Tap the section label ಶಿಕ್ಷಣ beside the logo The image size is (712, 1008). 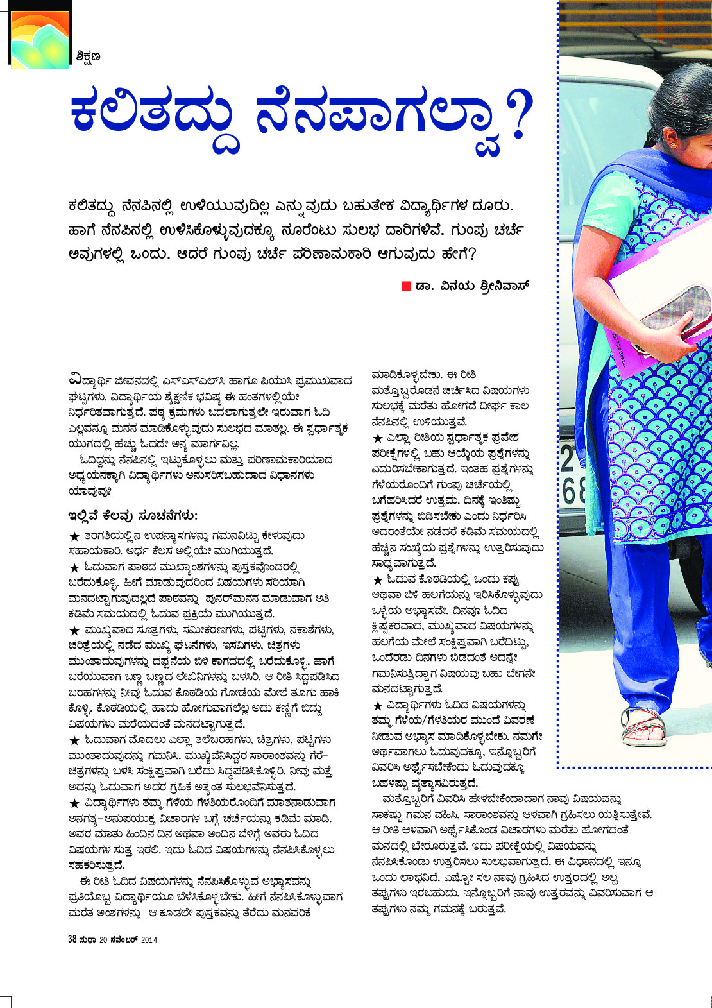(x=87, y=57)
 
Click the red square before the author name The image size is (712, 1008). (x=405, y=286)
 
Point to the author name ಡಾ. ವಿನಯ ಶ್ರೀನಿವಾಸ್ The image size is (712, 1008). (x=472, y=286)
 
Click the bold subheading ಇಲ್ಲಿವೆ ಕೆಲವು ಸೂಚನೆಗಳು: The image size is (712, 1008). (x=133, y=516)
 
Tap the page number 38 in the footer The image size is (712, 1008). (x=72, y=939)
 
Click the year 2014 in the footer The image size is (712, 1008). (x=149, y=939)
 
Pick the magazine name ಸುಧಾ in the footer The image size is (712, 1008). (x=89, y=939)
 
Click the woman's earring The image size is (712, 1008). (x=673, y=145)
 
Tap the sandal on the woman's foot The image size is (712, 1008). (x=645, y=726)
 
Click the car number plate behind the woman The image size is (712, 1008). (x=573, y=475)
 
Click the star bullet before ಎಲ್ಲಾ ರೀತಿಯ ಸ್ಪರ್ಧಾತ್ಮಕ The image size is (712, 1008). (x=378, y=438)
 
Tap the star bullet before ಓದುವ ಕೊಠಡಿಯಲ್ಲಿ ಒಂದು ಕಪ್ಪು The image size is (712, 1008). (x=378, y=580)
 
